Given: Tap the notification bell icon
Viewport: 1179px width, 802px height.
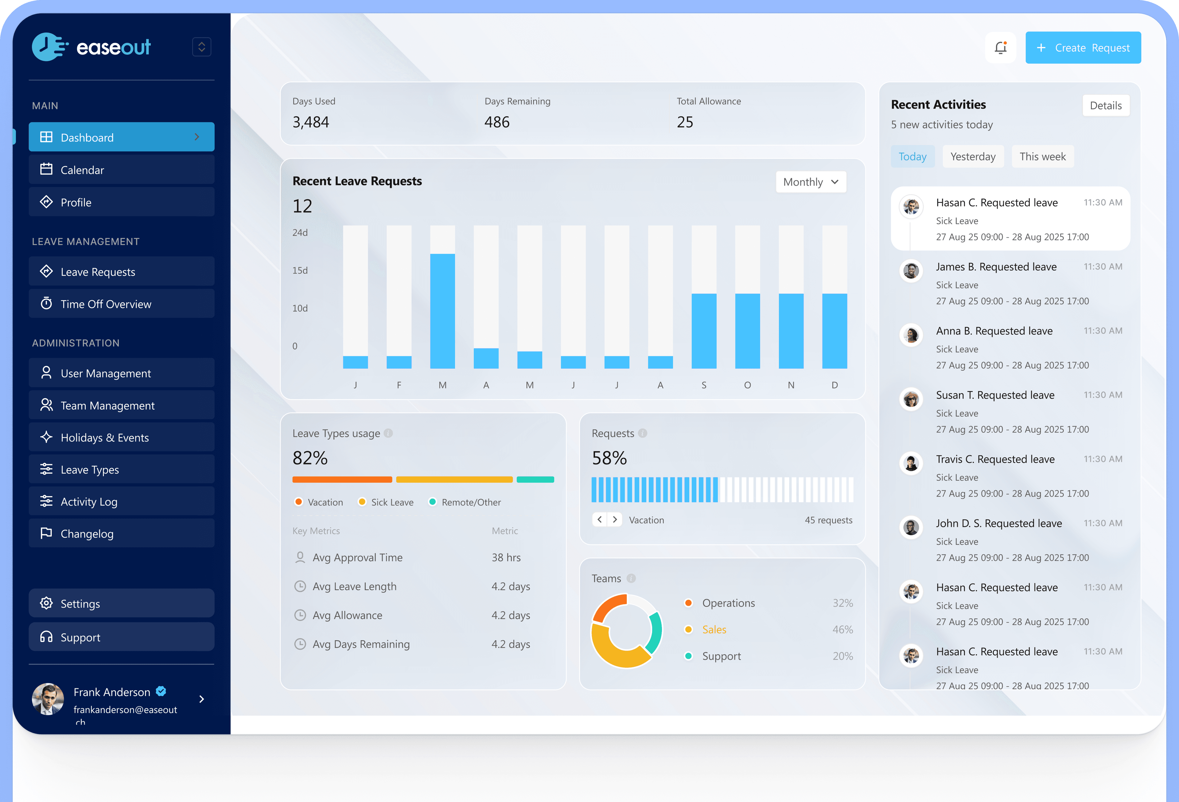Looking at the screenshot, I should (1000, 48).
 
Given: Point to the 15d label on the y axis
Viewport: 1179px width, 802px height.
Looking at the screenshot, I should (300, 271).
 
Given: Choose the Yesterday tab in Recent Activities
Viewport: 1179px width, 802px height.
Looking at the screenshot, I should (973, 156).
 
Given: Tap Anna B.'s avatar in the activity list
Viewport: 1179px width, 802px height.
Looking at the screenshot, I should (911, 335).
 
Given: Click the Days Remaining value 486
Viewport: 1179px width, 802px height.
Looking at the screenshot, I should (497, 122).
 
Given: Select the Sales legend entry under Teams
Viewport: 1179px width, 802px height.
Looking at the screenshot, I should (714, 629).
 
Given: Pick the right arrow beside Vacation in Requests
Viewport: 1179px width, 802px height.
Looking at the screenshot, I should (615, 520).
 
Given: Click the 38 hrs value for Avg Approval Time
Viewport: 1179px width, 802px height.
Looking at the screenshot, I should (506, 558).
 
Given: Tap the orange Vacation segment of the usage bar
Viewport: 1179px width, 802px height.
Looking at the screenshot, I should (342, 479).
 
